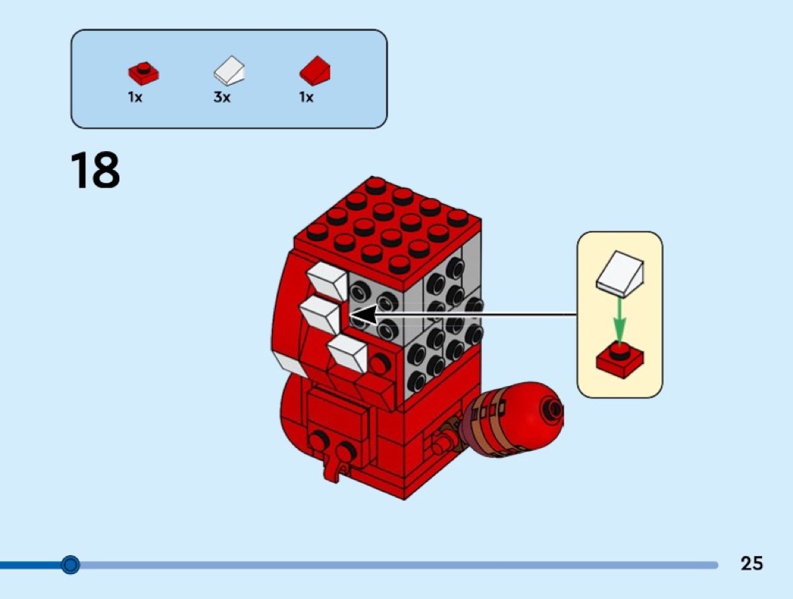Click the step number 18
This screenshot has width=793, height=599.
(95, 170)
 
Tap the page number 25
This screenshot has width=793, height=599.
(751, 563)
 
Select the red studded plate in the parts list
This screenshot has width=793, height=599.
(143, 73)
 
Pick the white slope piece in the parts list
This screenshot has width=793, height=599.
(229, 70)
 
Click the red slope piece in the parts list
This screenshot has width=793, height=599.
(315, 70)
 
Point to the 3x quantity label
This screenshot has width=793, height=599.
(222, 97)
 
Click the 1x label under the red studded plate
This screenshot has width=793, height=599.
(135, 97)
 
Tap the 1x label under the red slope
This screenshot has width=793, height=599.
(307, 97)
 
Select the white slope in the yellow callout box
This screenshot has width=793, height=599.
(620, 273)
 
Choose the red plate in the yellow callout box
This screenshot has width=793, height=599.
(620, 360)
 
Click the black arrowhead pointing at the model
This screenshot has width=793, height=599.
(363, 316)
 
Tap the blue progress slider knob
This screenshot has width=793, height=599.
(70, 564)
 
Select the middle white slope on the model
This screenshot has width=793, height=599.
(321, 315)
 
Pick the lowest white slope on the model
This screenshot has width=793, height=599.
(348, 353)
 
